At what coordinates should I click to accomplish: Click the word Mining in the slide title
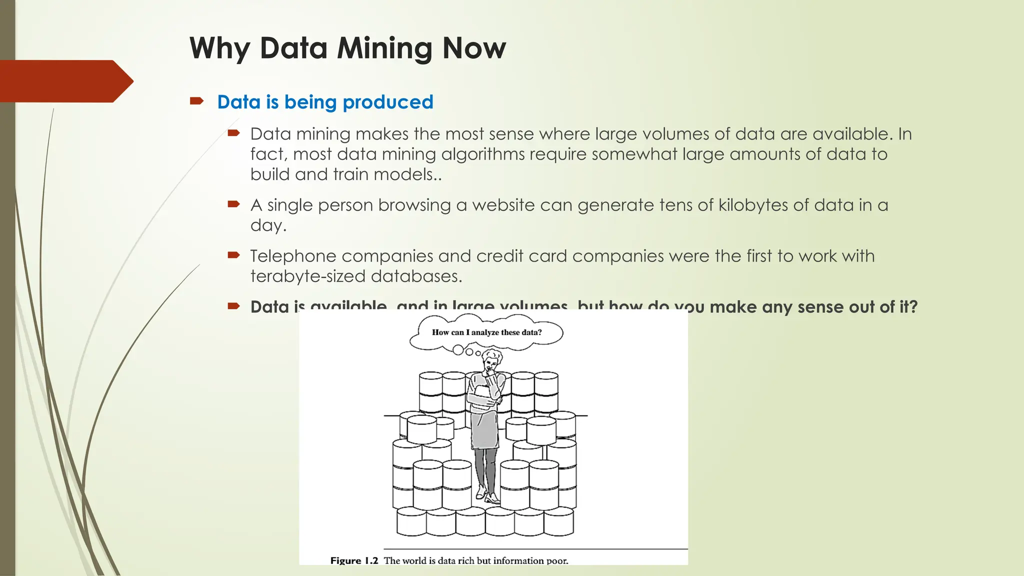click(383, 48)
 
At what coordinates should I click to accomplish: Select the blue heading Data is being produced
click(325, 102)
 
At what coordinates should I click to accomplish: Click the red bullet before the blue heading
click(196, 101)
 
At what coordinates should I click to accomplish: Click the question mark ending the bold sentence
click(913, 307)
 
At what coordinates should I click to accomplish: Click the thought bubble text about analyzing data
click(486, 332)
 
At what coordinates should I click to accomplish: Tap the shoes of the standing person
click(488, 495)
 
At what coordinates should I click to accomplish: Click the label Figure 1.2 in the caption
click(354, 560)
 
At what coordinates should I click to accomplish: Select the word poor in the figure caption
click(557, 560)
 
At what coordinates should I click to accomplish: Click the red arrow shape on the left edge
click(65, 81)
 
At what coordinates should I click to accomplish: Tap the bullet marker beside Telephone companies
click(233, 255)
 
